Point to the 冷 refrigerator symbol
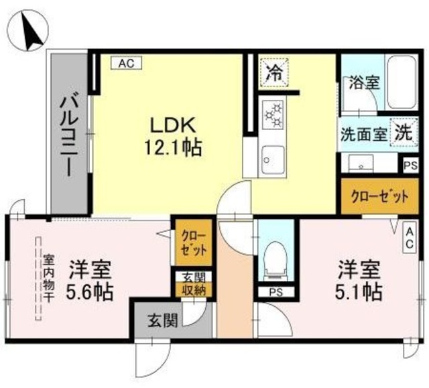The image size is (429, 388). coord(275,72)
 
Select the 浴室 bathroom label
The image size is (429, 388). coord(363,84)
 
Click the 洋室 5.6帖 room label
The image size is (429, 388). coord(90,281)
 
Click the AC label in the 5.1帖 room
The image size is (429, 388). coord(409,238)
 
